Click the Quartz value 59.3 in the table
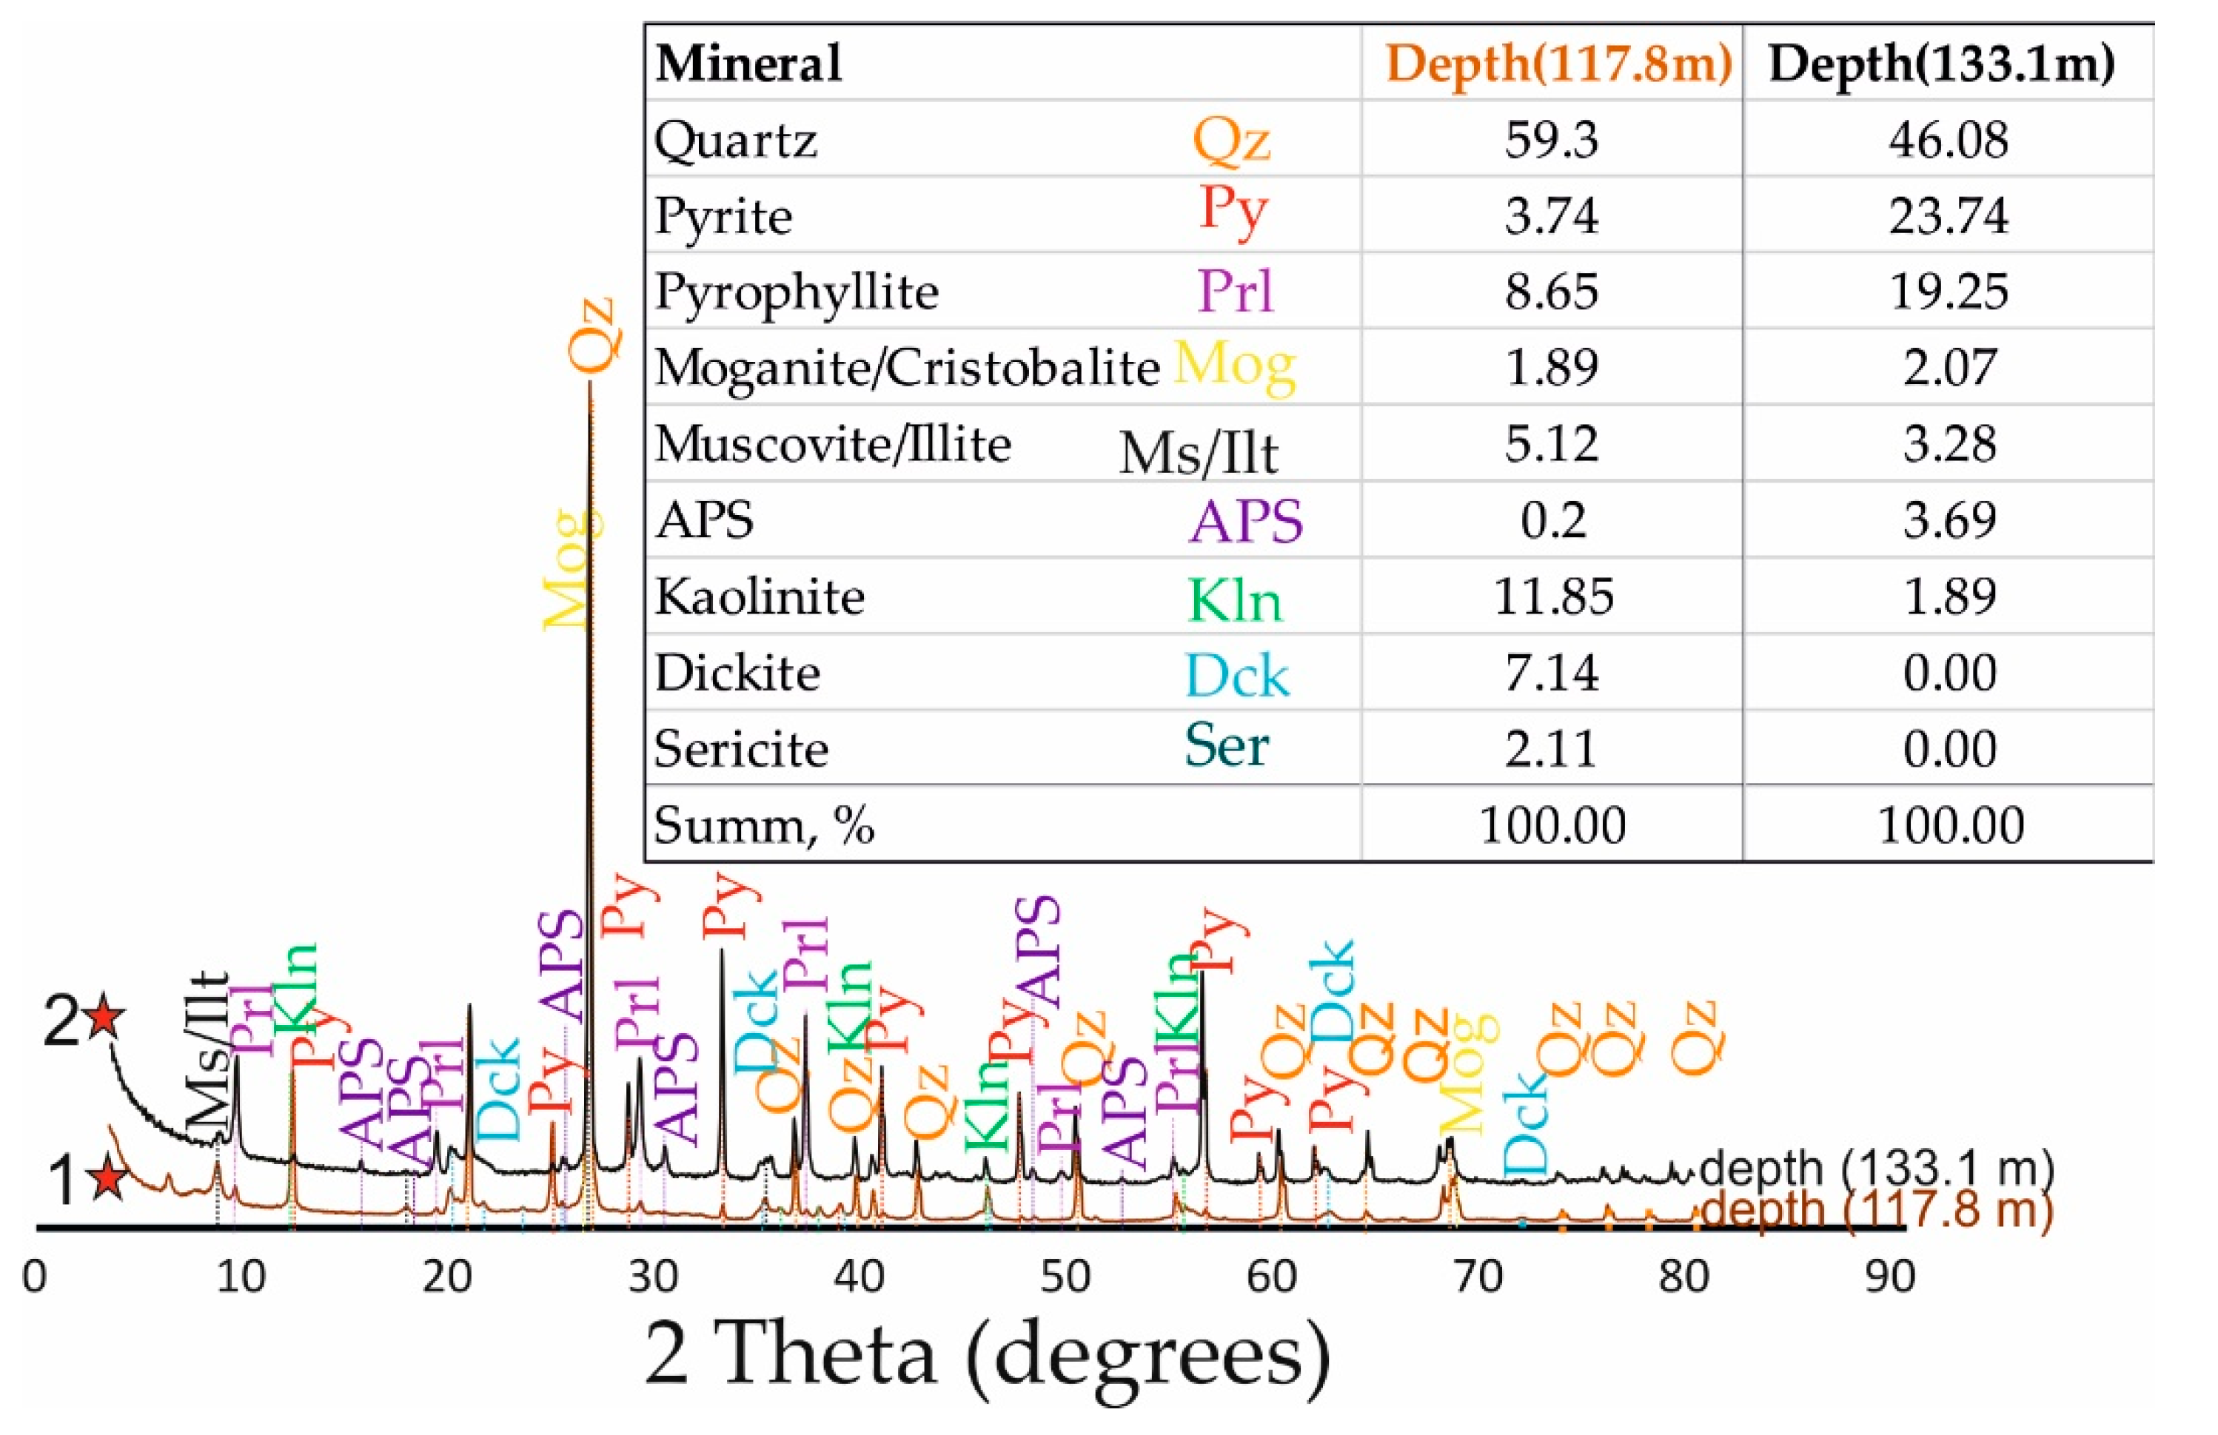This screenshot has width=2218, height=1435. pyautogui.click(x=1551, y=140)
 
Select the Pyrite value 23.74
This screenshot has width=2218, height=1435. pyautogui.click(x=1948, y=216)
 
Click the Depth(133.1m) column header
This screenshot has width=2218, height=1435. pyautogui.click(x=1942, y=64)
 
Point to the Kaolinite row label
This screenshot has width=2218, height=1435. pyautogui.click(x=760, y=596)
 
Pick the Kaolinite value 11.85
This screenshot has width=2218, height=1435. pyautogui.click(x=1552, y=596)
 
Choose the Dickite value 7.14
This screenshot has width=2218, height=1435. pyautogui.click(x=1552, y=673)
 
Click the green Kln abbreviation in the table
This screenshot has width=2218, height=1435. pyautogui.click(x=1235, y=601)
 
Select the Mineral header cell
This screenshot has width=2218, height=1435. pyautogui.click(x=749, y=64)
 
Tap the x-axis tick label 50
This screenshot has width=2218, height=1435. pyautogui.click(x=1065, y=1277)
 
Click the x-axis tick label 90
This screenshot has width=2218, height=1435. pyautogui.click(x=1890, y=1277)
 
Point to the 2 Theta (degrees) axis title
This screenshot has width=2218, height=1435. pyautogui.click(x=988, y=1356)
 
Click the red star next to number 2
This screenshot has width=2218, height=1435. pyautogui.click(x=104, y=1017)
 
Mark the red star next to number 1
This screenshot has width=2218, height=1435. pyautogui.click(x=108, y=1179)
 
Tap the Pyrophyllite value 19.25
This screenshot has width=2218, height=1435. pyautogui.click(x=1948, y=292)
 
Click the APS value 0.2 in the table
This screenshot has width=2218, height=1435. pyautogui.click(x=1552, y=520)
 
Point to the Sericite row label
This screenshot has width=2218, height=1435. pyautogui.click(x=741, y=749)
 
